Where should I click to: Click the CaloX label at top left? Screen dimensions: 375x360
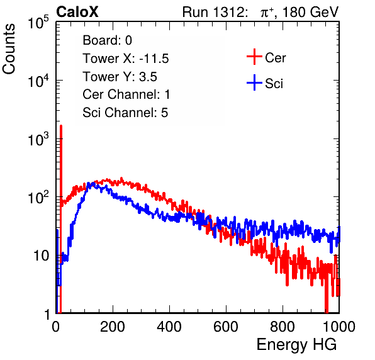point(77,12)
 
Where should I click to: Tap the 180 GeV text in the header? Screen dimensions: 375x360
point(310,12)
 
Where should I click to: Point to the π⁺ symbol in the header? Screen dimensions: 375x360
point(267,13)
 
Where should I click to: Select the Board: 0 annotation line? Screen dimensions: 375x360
point(107,40)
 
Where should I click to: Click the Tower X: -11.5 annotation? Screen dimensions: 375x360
point(126,59)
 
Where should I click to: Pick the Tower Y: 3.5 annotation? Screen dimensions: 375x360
point(120,77)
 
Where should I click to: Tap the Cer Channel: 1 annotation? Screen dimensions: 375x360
point(126,94)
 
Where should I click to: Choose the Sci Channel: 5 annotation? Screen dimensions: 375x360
point(125,113)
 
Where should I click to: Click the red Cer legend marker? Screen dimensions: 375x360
point(254,57)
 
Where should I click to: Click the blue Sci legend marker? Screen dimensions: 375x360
point(254,83)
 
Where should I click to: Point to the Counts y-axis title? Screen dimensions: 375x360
point(9,49)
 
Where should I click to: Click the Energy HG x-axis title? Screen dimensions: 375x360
point(296,345)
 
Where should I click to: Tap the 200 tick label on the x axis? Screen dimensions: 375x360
point(113,327)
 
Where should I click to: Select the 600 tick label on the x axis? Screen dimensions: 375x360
point(226,327)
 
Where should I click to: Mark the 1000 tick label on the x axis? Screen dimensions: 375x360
point(339,327)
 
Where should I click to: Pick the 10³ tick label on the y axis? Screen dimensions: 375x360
point(38,140)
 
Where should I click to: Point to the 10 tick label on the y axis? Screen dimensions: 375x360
point(42,256)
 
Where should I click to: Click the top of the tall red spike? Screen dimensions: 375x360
point(61,126)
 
